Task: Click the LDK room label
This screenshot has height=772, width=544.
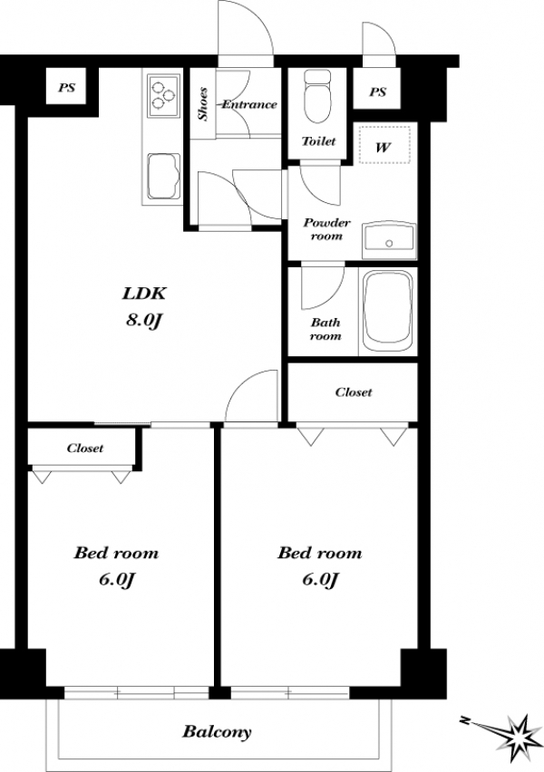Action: click(x=144, y=294)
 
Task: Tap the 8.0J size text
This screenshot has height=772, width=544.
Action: click(x=144, y=321)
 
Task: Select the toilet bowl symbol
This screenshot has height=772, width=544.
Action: click(x=317, y=97)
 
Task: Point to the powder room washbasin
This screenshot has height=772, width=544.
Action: click(x=389, y=240)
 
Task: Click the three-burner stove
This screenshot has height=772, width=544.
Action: click(x=163, y=95)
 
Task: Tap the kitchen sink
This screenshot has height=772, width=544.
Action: click(x=163, y=177)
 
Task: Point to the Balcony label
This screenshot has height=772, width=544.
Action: click(x=217, y=731)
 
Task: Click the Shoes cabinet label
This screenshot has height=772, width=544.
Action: click(x=202, y=104)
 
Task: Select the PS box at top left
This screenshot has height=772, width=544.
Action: click(x=67, y=87)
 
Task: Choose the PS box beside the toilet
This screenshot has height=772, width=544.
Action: click(x=377, y=92)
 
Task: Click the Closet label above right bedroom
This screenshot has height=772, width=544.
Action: click(x=354, y=392)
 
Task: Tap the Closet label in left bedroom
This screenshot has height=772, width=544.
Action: click(x=84, y=448)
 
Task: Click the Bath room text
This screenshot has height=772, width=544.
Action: click(x=325, y=329)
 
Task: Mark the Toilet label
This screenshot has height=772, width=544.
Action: click(x=319, y=141)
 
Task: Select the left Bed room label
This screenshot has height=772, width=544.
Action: click(x=116, y=553)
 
